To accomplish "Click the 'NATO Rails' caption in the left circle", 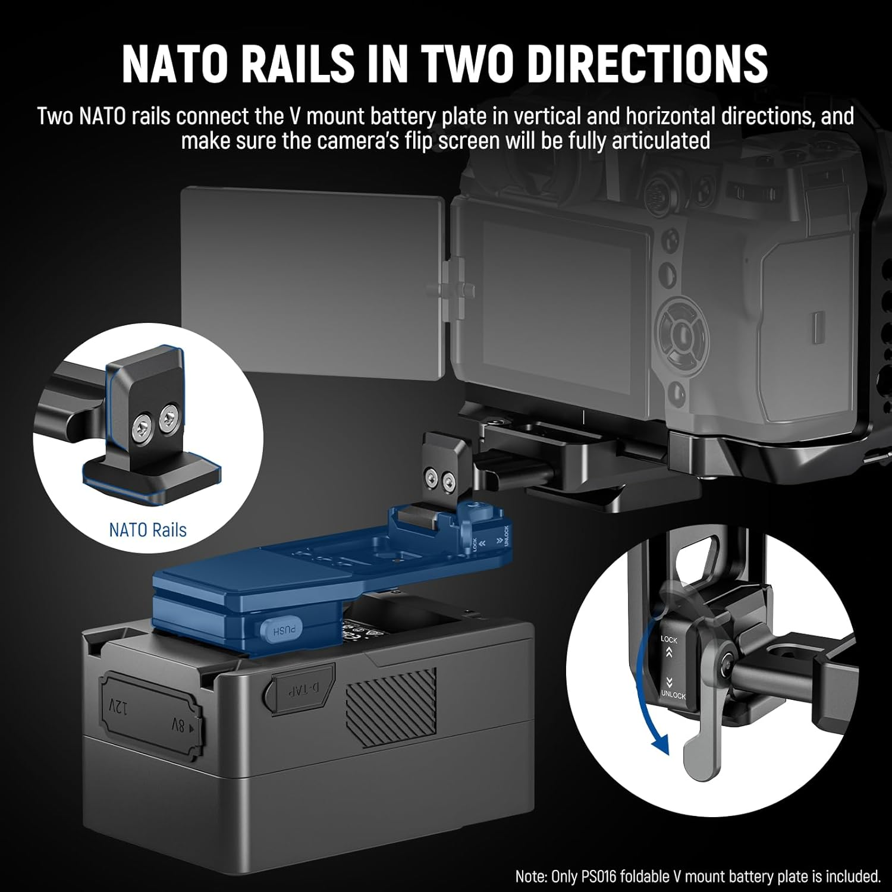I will pyautogui.click(x=147, y=530).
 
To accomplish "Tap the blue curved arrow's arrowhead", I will pyautogui.click(x=659, y=743).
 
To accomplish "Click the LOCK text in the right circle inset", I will pyautogui.click(x=669, y=640).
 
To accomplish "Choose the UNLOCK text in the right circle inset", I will pyautogui.click(x=673, y=695).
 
